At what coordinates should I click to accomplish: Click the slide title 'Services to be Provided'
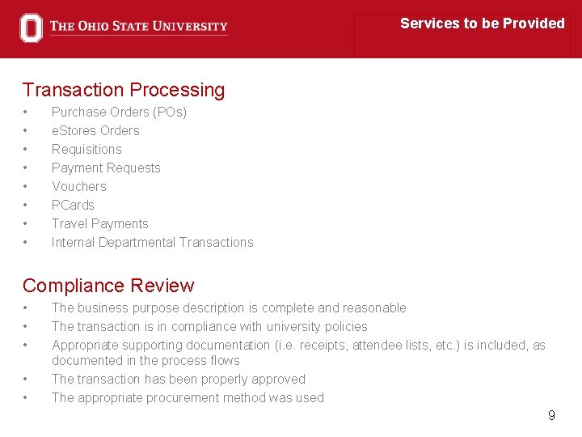point(482,23)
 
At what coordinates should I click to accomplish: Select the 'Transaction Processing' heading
point(124,90)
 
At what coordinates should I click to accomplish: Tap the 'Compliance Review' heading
point(108,286)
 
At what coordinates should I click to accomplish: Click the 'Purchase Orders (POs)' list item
point(119,112)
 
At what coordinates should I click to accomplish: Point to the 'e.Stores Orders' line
point(95,130)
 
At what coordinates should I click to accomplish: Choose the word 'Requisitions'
point(86,149)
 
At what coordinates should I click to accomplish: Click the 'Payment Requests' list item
point(106,168)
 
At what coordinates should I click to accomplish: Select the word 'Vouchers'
point(78,186)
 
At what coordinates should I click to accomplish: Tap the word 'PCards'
point(73,205)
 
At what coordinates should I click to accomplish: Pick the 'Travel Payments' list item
point(100,223)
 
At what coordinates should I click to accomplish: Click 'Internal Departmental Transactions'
point(152,242)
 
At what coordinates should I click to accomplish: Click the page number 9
point(551,415)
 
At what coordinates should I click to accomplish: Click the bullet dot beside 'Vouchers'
point(26,187)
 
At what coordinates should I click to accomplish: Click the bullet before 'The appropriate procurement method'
point(26,398)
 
